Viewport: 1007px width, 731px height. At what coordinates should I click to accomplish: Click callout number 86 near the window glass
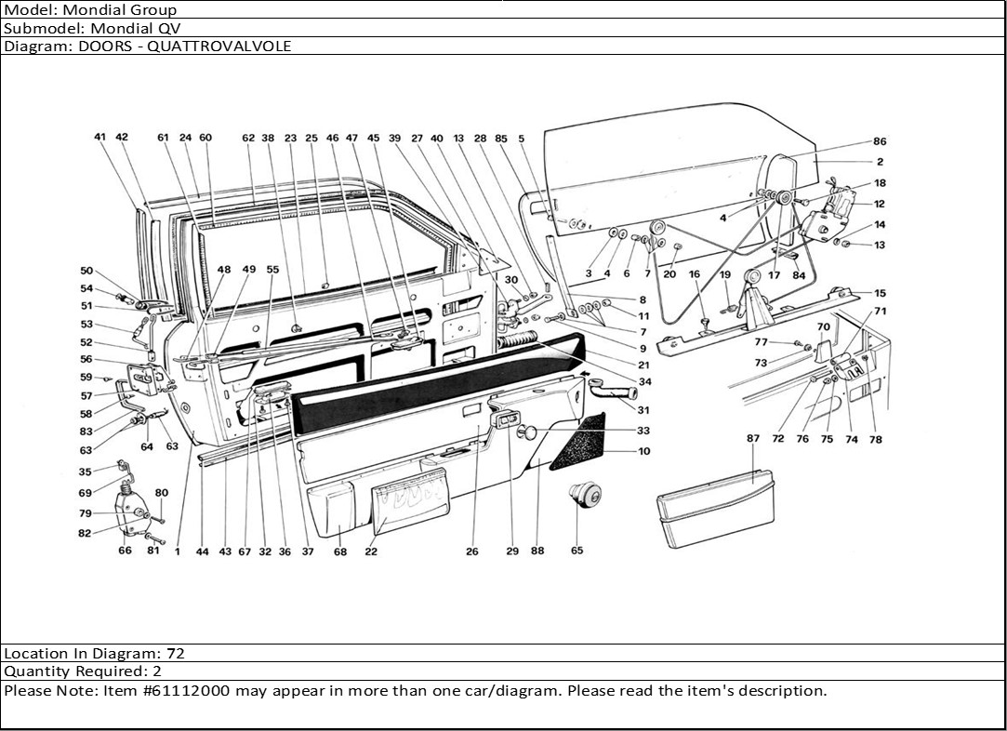pos(880,141)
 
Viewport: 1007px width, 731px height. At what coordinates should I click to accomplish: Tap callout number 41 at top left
pos(100,137)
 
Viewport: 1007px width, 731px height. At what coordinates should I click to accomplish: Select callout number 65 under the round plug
pos(576,551)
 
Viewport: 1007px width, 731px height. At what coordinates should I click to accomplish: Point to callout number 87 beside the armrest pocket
pos(753,437)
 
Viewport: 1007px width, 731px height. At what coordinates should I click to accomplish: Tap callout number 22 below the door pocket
pos(371,552)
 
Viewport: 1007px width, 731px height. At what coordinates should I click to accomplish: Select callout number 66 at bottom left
pos(126,551)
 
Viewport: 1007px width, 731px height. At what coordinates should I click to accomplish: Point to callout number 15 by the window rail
pos(880,293)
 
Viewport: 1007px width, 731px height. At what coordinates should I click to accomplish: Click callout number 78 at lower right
pos(875,440)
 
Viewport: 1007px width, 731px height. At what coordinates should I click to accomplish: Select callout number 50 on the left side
pos(86,271)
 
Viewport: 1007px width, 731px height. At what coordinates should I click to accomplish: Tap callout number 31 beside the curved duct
pos(643,410)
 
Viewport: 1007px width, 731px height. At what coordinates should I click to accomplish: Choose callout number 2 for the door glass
pos(880,162)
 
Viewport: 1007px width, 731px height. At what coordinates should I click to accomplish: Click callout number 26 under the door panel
pos(472,552)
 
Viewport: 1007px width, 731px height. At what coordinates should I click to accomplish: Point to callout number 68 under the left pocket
pos(340,552)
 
